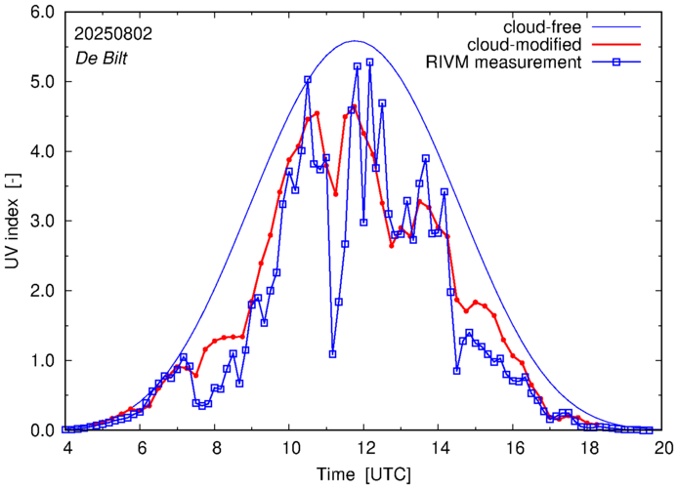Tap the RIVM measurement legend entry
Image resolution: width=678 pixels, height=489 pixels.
click(506, 63)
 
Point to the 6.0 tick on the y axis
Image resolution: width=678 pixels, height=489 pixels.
click(43, 13)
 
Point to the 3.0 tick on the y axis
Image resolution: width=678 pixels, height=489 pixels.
click(43, 222)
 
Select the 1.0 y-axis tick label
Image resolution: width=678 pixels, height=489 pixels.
click(43, 361)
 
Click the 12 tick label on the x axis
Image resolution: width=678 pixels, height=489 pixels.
click(364, 448)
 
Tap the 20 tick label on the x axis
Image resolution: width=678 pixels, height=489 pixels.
click(663, 448)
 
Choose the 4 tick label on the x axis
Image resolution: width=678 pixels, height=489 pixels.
click(67, 448)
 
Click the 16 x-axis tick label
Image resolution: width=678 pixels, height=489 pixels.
click(514, 448)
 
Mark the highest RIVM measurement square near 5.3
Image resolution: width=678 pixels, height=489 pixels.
click(369, 62)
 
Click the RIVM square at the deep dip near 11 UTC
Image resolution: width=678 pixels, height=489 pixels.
click(333, 354)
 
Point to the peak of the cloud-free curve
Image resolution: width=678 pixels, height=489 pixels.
click(355, 41)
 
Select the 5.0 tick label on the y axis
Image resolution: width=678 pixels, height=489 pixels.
click(43, 82)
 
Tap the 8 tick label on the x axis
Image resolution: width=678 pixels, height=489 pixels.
click(216, 448)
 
